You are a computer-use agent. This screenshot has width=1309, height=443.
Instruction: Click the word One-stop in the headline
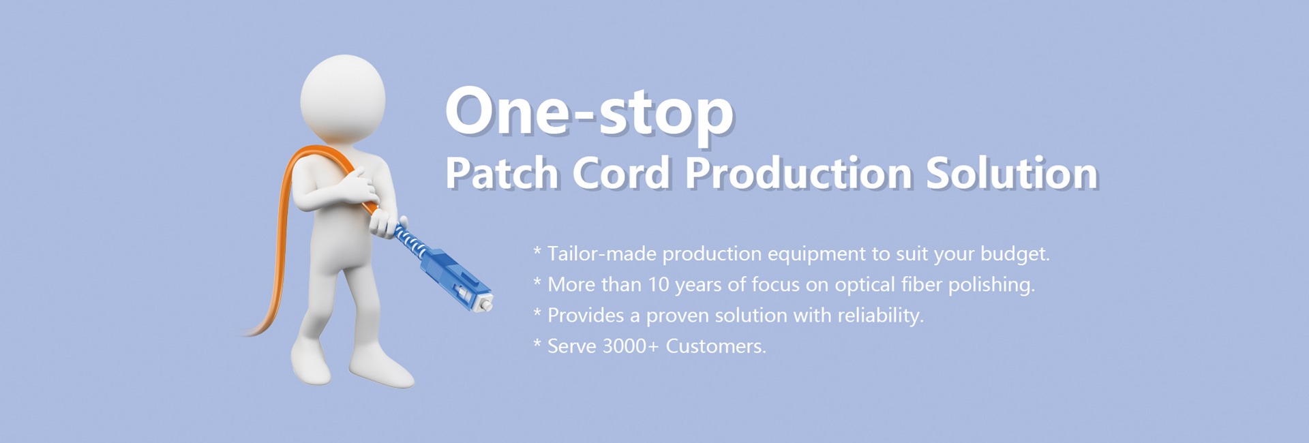590,111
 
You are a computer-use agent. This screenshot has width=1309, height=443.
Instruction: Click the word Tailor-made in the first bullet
602,254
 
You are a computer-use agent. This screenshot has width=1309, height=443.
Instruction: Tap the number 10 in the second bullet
659,284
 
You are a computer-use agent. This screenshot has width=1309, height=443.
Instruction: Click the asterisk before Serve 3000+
537,343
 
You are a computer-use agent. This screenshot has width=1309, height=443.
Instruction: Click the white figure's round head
343,99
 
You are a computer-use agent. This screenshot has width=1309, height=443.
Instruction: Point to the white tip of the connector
485,304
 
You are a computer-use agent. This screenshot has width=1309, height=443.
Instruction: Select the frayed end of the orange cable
252,331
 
